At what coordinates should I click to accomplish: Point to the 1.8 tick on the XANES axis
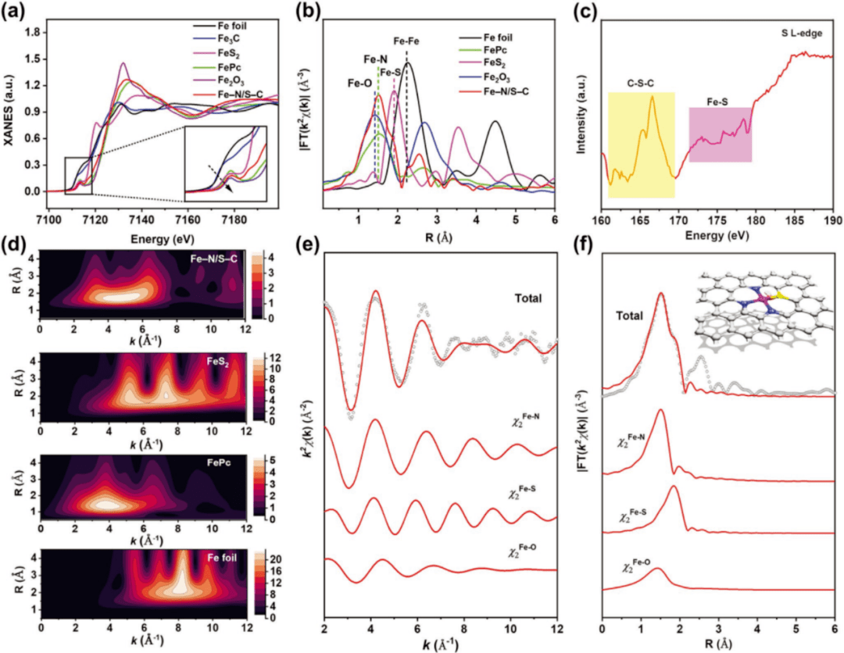click(30, 34)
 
